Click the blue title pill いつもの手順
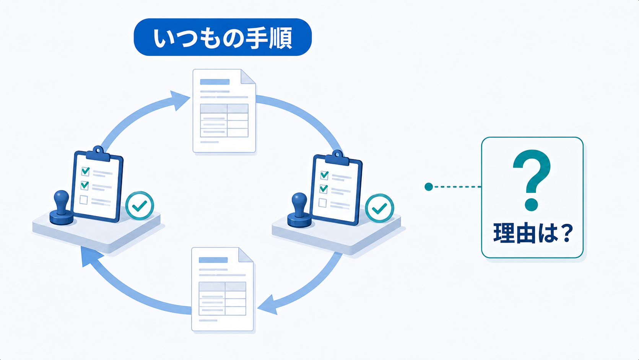(223, 37)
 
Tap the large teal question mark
(532, 180)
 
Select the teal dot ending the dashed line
(428, 187)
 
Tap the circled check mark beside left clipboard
(140, 205)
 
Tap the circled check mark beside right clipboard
(379, 208)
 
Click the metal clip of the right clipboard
(337, 158)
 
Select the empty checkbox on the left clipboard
(84, 200)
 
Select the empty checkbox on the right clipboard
(323, 203)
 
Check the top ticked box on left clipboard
(86, 171)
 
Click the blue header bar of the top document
(215, 82)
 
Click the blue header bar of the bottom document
(213, 260)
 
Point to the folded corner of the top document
(248, 77)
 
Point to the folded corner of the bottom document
(246, 255)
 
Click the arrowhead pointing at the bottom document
(268, 305)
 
